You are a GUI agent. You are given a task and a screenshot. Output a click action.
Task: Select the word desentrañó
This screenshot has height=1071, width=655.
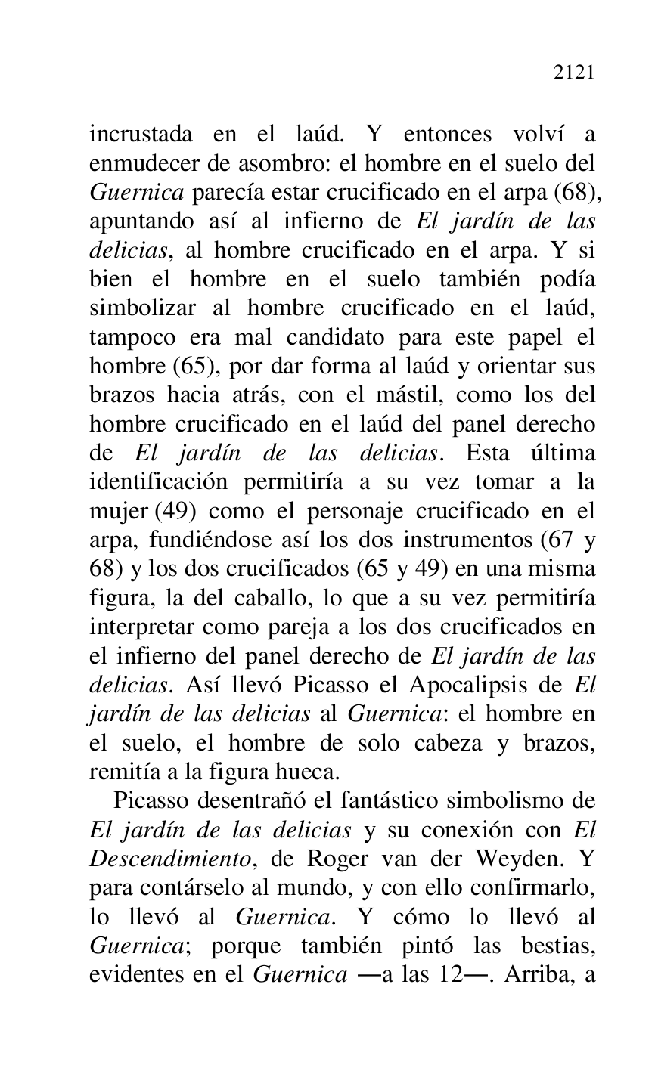[265, 801]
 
